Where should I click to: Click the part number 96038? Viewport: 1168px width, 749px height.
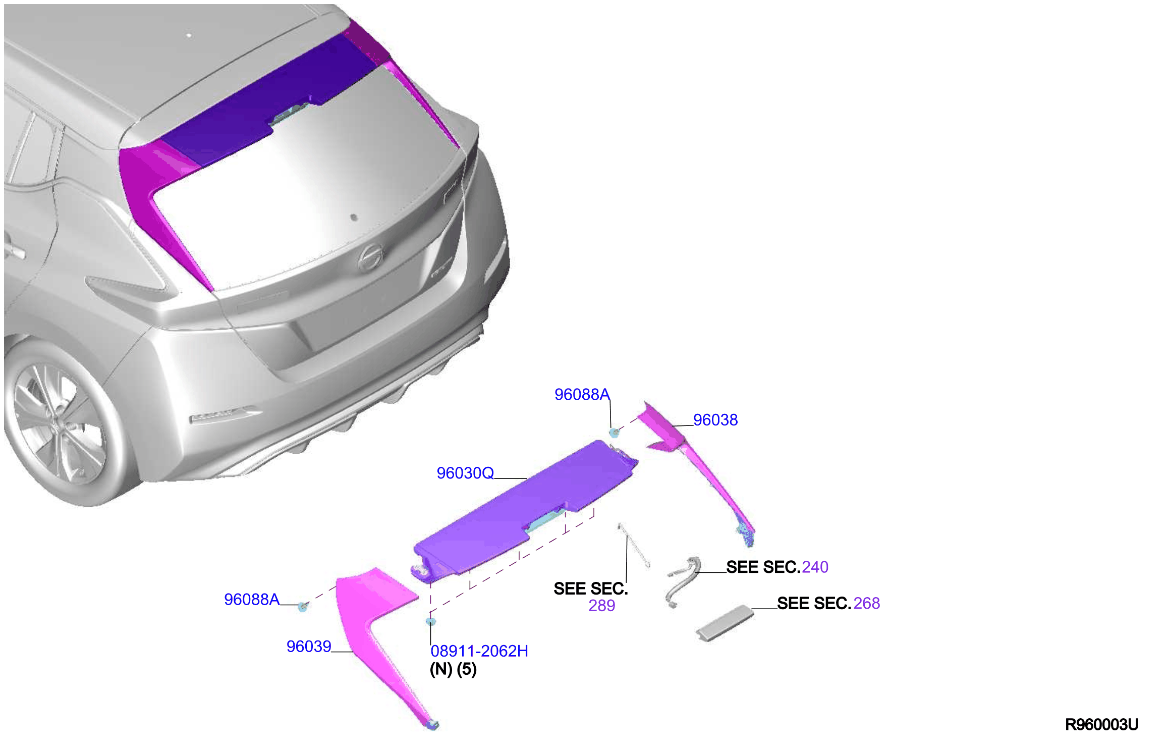pos(715,420)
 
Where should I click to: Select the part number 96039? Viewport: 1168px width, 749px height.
pos(309,647)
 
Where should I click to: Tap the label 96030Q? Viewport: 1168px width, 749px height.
pos(465,473)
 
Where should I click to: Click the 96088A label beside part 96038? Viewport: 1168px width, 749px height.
pos(582,395)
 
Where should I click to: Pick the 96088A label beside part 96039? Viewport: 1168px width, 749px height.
pos(252,600)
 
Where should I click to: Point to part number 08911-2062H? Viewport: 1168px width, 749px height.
pos(479,651)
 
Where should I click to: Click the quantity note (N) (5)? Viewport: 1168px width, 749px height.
pos(453,670)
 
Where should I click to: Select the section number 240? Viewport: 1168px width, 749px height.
pos(815,567)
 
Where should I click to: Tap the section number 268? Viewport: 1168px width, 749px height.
pos(867,604)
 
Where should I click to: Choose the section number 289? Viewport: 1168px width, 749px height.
pos(602,606)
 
